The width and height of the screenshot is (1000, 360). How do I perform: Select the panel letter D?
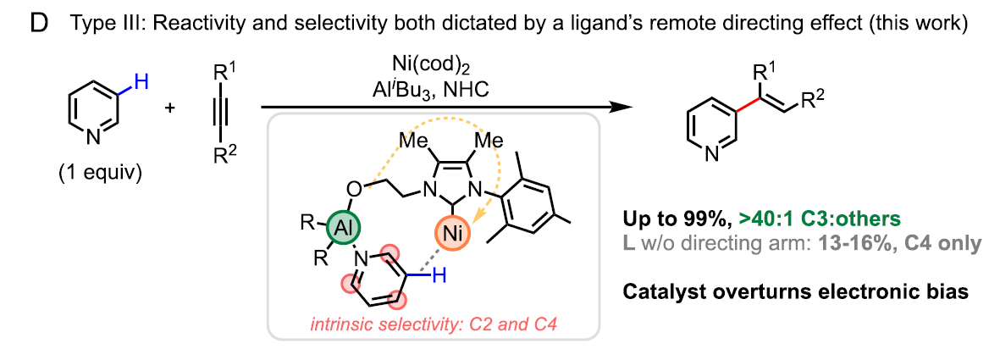(39, 24)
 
